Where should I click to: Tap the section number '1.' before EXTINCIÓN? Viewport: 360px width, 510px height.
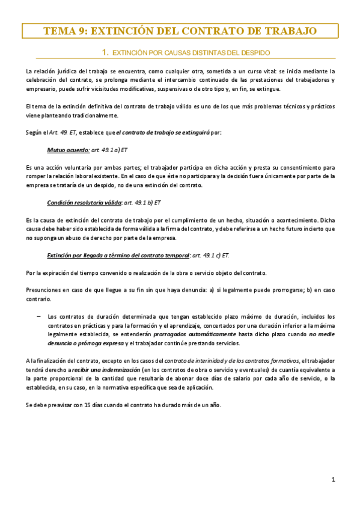point(105,52)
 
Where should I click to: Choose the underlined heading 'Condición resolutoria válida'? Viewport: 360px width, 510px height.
point(84,203)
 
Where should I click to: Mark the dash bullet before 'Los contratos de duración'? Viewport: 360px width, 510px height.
point(38,316)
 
